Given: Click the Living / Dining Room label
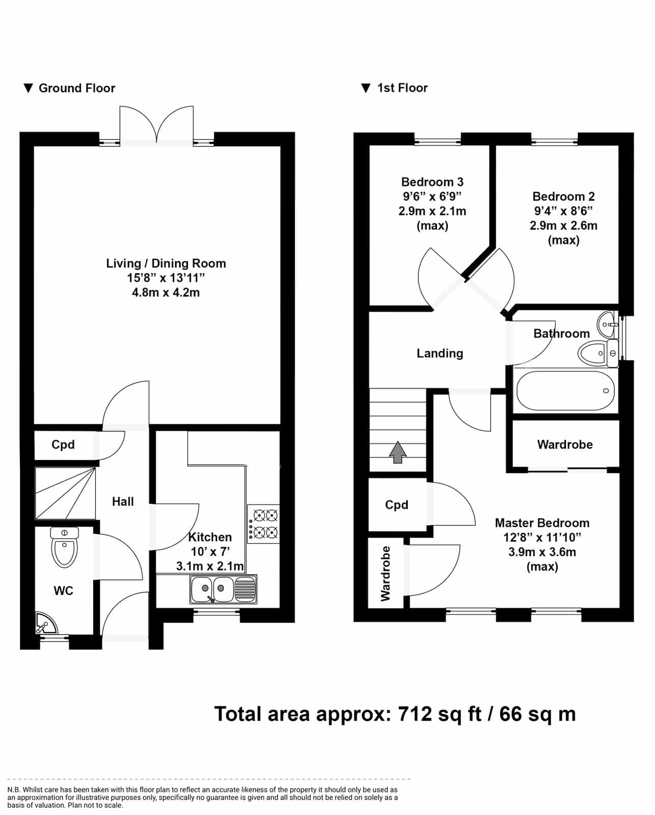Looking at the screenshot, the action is (x=166, y=263).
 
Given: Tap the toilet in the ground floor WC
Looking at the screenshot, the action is (x=64, y=547).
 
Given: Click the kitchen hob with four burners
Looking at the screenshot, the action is (x=263, y=524).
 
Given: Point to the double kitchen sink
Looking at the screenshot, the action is (x=223, y=589).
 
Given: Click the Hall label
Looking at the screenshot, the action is (x=123, y=501).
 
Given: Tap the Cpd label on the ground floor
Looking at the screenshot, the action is (x=63, y=444).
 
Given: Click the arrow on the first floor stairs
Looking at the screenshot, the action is (x=397, y=452).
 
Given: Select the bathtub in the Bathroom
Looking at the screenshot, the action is (x=565, y=391).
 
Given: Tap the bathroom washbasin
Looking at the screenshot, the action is (x=607, y=324).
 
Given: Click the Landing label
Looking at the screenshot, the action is (x=440, y=354).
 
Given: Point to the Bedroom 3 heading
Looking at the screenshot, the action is (x=432, y=182).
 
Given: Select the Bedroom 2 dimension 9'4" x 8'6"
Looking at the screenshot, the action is (x=563, y=210).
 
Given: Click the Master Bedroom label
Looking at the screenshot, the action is (x=542, y=523).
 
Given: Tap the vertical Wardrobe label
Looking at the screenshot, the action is (x=385, y=574).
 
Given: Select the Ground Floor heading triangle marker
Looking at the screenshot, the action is (x=29, y=88).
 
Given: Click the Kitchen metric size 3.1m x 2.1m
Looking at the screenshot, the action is (x=210, y=566).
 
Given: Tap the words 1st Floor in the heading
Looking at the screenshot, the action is (x=403, y=88).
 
